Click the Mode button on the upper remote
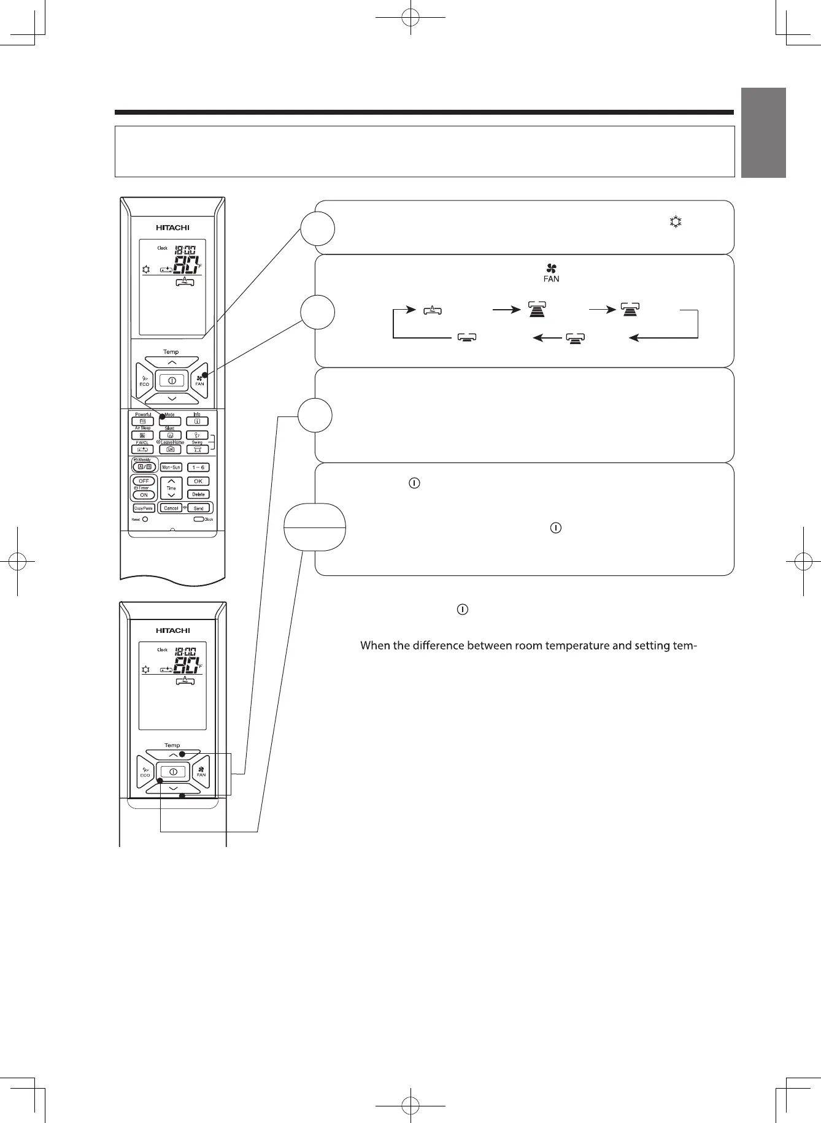[170, 421]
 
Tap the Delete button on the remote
[198, 494]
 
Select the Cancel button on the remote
[171, 508]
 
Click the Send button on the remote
[199, 508]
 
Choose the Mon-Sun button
[171, 467]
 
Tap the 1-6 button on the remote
[198, 467]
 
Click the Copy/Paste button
[144, 508]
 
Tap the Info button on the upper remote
[198, 421]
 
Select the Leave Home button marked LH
[170, 449]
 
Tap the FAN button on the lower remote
[201, 772]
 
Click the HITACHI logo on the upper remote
[172, 228]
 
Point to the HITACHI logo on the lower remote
[172, 630]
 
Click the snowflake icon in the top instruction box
[676, 222]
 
